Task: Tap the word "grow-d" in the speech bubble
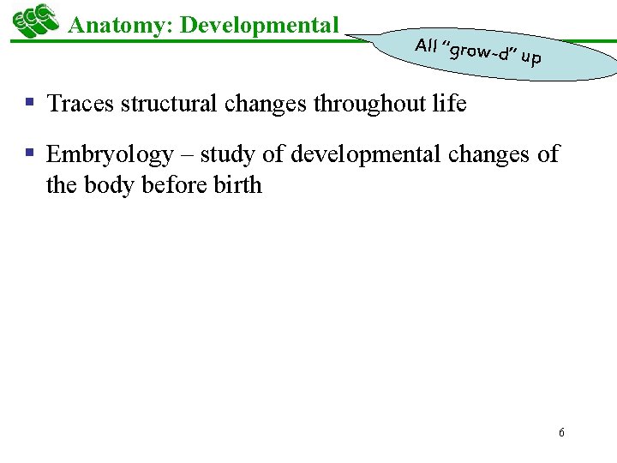[476, 52]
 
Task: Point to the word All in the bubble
[426, 45]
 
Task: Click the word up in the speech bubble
[530, 59]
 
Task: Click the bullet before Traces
[29, 103]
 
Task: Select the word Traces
[81, 105]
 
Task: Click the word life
[450, 105]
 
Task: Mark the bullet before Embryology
[29, 153]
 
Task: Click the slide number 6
[561, 432]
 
